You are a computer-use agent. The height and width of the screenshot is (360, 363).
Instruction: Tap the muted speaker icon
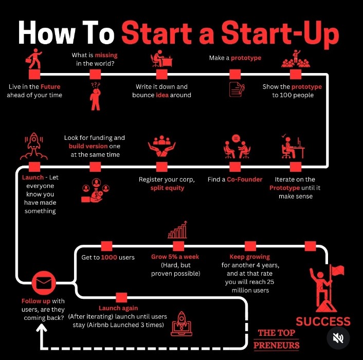(x=338, y=338)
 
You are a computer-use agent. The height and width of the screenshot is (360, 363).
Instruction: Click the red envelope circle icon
(x=43, y=282)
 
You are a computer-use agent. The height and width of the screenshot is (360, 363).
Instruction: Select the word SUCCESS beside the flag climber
(x=323, y=322)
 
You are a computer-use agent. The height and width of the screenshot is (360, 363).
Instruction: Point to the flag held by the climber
(x=337, y=269)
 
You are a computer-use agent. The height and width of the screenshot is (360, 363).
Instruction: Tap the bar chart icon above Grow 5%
(x=177, y=230)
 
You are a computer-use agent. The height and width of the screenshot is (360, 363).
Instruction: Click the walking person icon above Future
(x=34, y=59)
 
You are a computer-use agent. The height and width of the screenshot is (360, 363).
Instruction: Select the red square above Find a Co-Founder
(x=235, y=167)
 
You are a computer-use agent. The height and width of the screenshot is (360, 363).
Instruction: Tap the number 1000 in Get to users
(x=109, y=257)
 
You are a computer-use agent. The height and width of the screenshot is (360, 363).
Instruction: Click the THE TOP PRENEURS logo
(x=278, y=338)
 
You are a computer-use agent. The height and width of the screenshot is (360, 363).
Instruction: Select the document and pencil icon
(x=237, y=89)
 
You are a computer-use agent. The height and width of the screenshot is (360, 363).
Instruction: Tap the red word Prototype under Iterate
(x=285, y=188)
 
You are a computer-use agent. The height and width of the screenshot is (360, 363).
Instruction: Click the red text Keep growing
(x=250, y=257)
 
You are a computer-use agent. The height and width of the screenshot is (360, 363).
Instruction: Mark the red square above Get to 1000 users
(x=106, y=245)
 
